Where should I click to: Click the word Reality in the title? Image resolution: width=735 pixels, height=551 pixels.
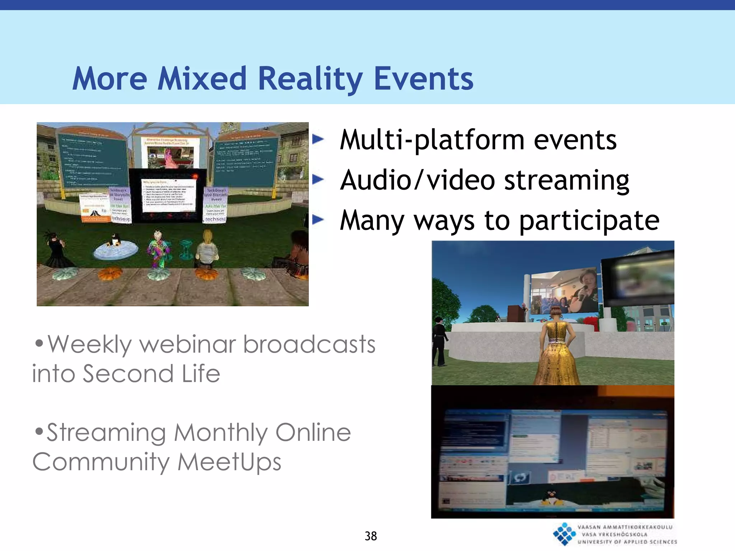pos(310,79)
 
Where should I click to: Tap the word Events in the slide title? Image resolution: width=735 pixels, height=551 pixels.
pos(423,79)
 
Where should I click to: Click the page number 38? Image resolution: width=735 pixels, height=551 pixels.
pos(371,536)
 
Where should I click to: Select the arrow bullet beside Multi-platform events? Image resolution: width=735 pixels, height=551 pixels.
pos(318,139)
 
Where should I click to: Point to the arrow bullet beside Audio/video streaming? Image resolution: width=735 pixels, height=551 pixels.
pos(318,179)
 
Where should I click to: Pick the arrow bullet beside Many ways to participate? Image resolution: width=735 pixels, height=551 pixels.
pos(318,220)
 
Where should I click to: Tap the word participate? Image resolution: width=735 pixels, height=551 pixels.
pos(589,220)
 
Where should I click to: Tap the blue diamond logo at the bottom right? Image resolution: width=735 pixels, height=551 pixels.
pos(564,534)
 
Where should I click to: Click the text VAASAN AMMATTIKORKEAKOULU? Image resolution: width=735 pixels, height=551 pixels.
pos(625,527)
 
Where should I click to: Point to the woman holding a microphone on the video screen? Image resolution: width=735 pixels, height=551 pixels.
pos(583,291)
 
